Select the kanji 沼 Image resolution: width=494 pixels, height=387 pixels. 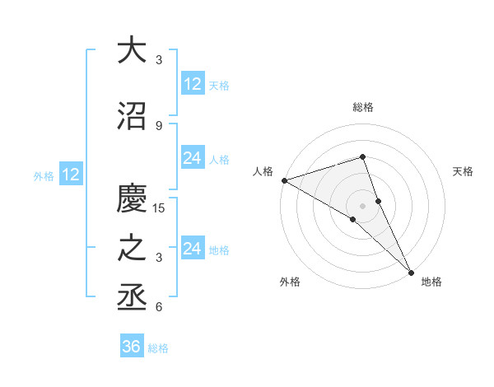[132, 116]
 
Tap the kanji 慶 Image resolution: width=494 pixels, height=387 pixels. [132, 198]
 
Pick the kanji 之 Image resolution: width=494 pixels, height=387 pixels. [132, 249]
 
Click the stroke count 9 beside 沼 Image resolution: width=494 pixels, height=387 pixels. [158, 125]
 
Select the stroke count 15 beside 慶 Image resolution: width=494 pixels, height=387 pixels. [159, 207]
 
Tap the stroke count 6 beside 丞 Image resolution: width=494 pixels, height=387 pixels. [158, 307]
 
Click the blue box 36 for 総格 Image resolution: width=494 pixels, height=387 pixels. [132, 347]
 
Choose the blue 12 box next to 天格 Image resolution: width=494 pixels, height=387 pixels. [193, 84]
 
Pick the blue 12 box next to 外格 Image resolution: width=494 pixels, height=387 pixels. [71, 175]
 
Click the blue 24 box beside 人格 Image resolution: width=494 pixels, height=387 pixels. [193, 158]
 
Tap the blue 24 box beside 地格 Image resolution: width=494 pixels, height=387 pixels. [193, 249]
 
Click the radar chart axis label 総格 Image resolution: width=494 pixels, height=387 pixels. [363, 107]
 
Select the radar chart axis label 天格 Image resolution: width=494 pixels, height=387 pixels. [464, 171]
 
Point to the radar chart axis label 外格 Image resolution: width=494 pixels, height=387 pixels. [290, 282]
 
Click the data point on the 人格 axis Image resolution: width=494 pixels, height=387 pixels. [284, 180]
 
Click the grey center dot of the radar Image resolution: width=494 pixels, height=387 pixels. [363, 205]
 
